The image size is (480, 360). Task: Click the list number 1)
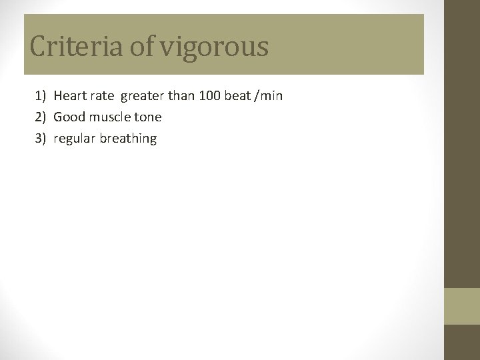41,96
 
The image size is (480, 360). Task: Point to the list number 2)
41,117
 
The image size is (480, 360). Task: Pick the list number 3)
41,139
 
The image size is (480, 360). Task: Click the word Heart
70,96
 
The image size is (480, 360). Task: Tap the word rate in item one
103,96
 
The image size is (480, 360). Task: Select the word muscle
113,117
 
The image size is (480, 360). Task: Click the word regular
74,139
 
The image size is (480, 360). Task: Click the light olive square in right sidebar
462,306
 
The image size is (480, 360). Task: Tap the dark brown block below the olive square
462,342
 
